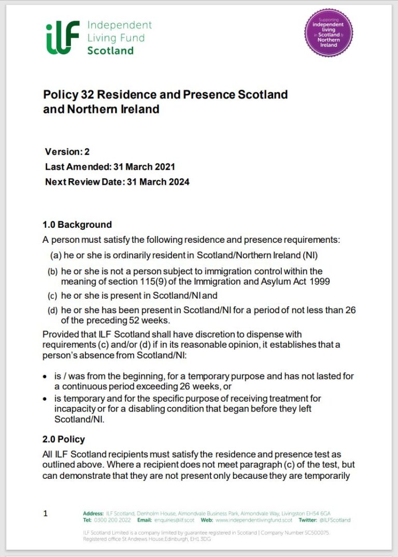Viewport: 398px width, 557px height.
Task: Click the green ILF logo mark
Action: click(x=63, y=37)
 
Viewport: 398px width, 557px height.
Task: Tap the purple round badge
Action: click(x=328, y=32)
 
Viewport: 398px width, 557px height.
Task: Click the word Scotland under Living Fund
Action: click(x=110, y=51)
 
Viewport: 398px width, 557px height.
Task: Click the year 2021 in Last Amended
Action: click(x=164, y=167)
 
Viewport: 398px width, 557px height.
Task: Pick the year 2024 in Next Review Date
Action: click(x=179, y=182)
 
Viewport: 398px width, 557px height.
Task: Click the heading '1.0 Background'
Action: click(x=77, y=225)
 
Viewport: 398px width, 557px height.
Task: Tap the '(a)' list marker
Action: click(x=55, y=255)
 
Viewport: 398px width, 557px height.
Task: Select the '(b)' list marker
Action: click(x=53, y=272)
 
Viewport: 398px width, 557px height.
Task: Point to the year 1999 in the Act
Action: click(x=319, y=282)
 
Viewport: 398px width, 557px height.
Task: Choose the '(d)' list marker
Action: click(x=53, y=311)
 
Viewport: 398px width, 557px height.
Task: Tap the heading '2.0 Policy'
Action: click(x=64, y=439)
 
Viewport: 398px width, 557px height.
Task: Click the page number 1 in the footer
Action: click(x=46, y=514)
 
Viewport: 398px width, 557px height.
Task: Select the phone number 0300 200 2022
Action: click(x=113, y=520)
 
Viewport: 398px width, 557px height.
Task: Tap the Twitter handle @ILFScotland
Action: click(x=335, y=520)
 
